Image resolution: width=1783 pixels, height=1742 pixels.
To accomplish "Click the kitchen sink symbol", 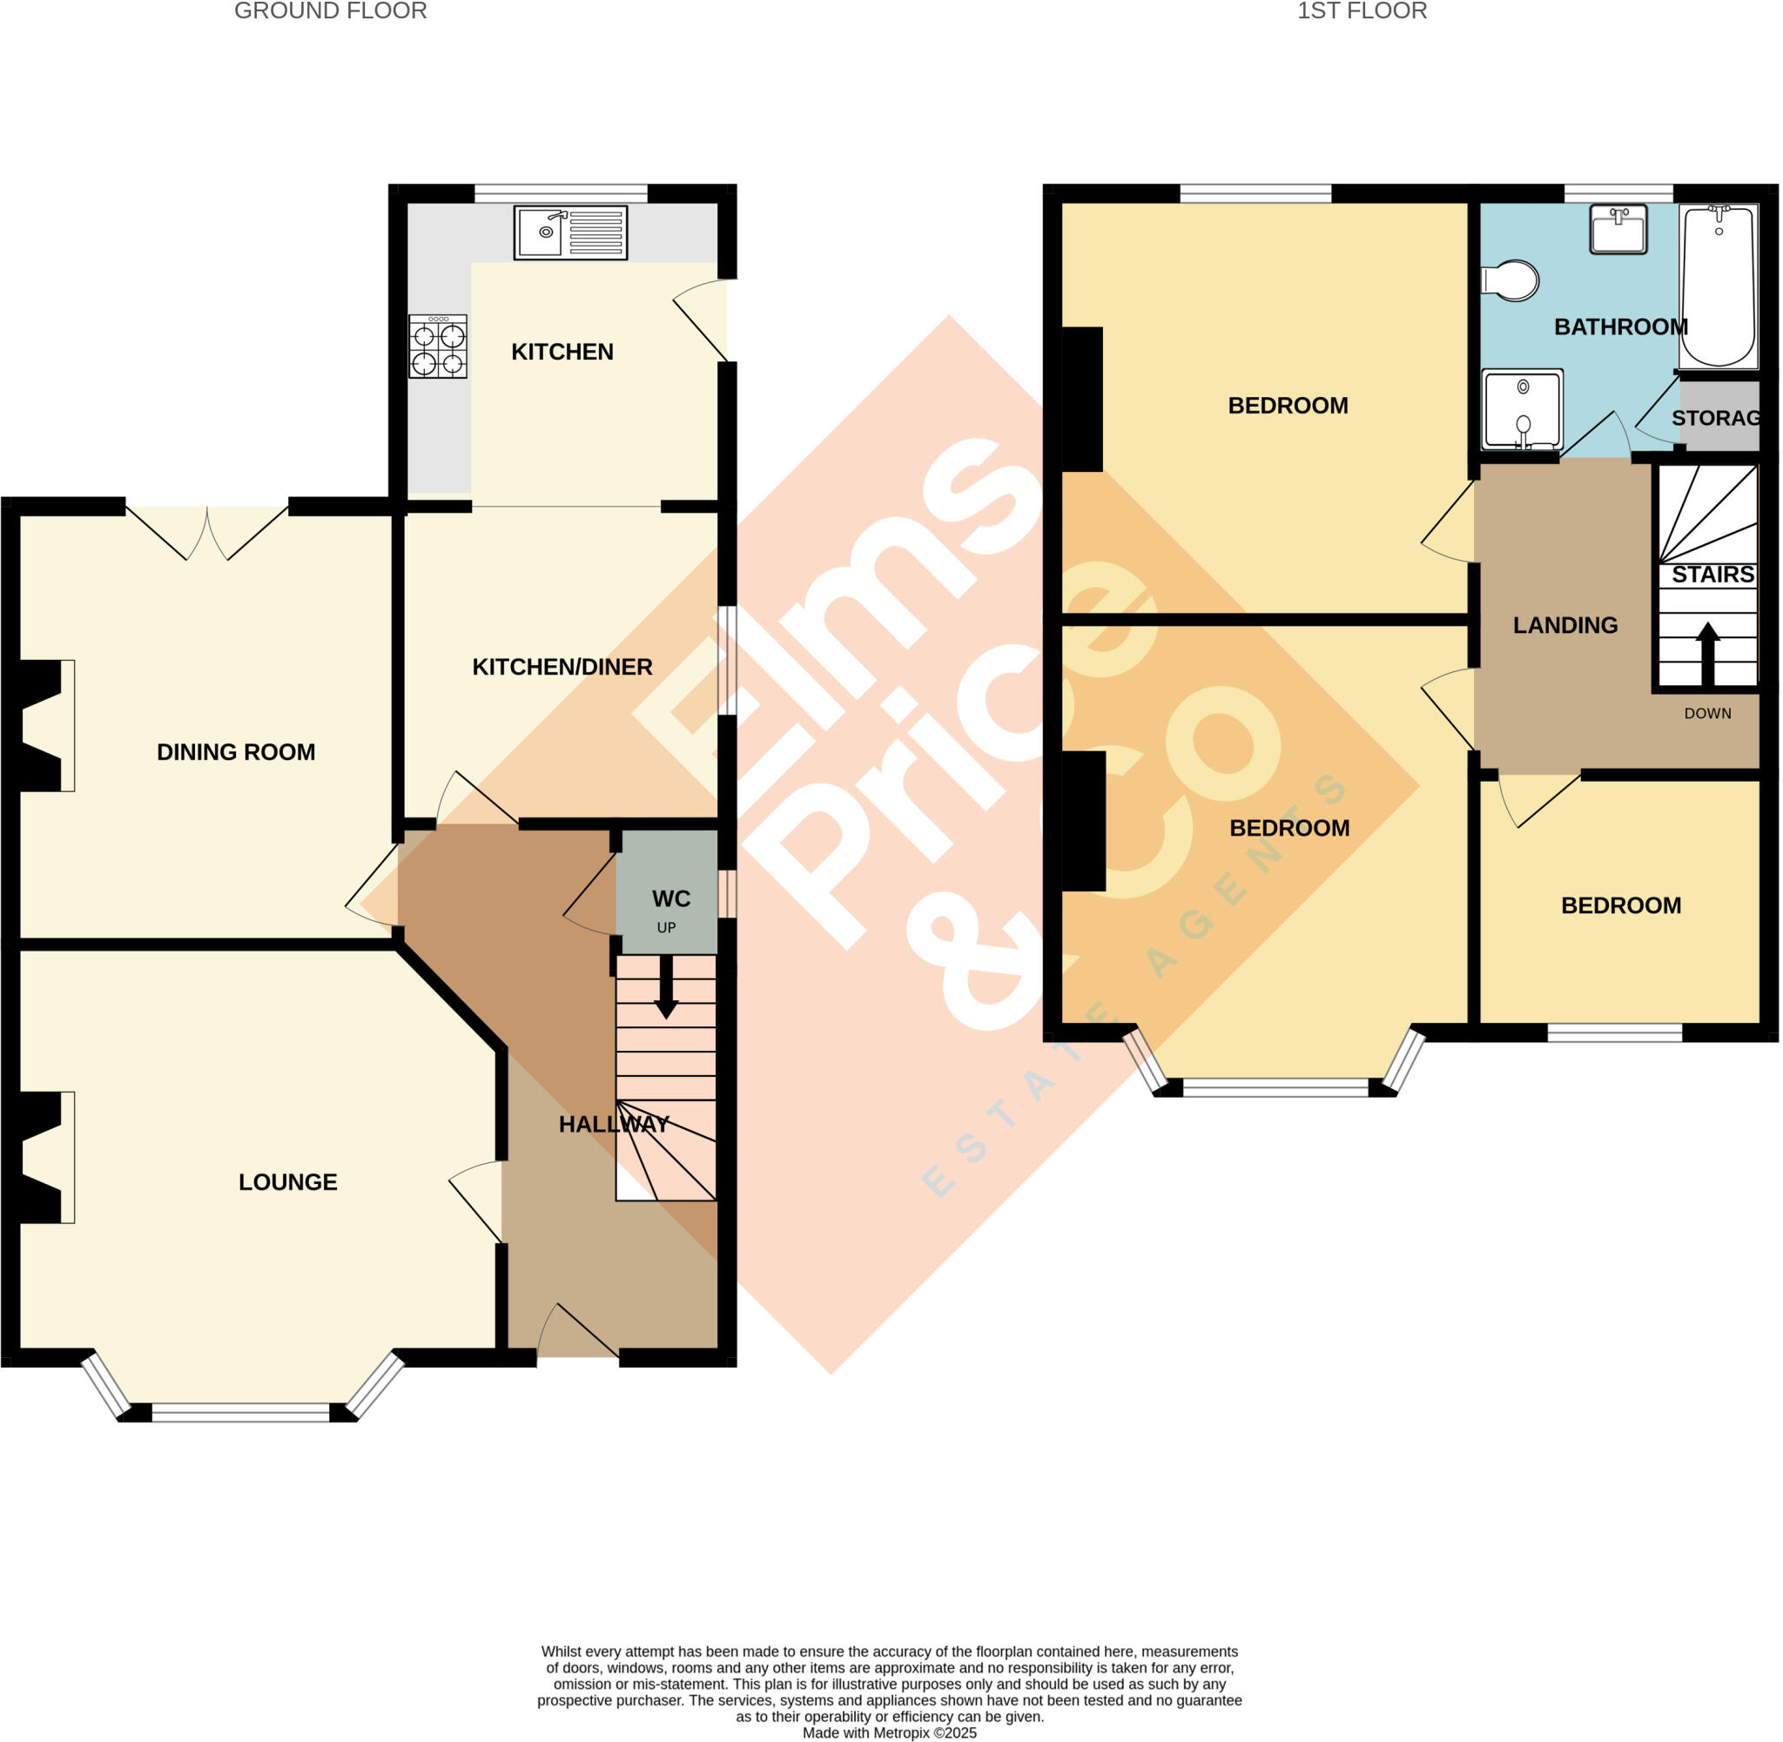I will pyautogui.click(x=570, y=232).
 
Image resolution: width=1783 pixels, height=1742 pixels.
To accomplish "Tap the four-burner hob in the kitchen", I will pyautogui.click(x=437, y=346).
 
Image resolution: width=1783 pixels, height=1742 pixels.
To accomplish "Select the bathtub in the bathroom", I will pyautogui.click(x=1718, y=286).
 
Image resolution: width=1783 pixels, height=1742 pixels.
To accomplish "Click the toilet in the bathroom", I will pyautogui.click(x=1511, y=281).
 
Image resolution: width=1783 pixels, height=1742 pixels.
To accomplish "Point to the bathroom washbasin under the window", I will pyautogui.click(x=1618, y=229).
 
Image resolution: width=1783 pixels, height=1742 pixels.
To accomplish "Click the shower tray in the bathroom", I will pyautogui.click(x=1523, y=410).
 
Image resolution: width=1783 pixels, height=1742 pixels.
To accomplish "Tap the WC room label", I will pyautogui.click(x=670, y=898).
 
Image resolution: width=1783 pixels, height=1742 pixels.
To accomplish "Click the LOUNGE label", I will pyautogui.click(x=287, y=1181).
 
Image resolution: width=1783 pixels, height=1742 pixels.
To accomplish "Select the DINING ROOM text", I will pyautogui.click(x=236, y=751).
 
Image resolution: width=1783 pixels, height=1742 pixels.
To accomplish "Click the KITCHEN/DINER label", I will pyautogui.click(x=562, y=666).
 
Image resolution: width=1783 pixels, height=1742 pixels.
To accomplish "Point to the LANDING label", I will pyautogui.click(x=1564, y=625).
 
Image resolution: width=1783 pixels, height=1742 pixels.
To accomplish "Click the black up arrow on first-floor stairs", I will pyautogui.click(x=1707, y=652).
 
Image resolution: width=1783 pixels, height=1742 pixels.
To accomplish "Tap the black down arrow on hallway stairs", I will pyautogui.click(x=666, y=987).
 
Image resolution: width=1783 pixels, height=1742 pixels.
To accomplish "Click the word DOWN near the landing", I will pyautogui.click(x=1707, y=713).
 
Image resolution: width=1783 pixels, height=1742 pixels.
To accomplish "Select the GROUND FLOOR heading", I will pyautogui.click(x=330, y=11).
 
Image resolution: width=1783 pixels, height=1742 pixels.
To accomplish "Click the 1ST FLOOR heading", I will pyautogui.click(x=1362, y=11).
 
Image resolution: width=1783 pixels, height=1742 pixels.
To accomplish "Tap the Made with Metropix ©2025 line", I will pyautogui.click(x=889, y=1732).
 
